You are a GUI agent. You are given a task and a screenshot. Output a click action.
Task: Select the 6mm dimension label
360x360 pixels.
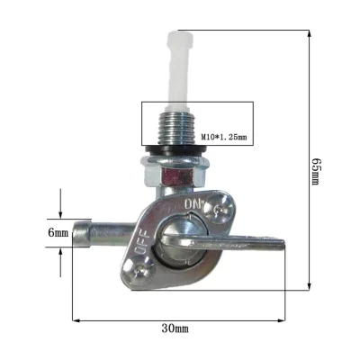pyautogui.click(x=58, y=234)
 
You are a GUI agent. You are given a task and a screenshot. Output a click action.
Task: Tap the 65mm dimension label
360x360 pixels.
pyautogui.click(x=316, y=167)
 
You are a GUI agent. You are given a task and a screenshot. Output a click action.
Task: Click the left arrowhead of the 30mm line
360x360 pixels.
pyautogui.click(x=74, y=318)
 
